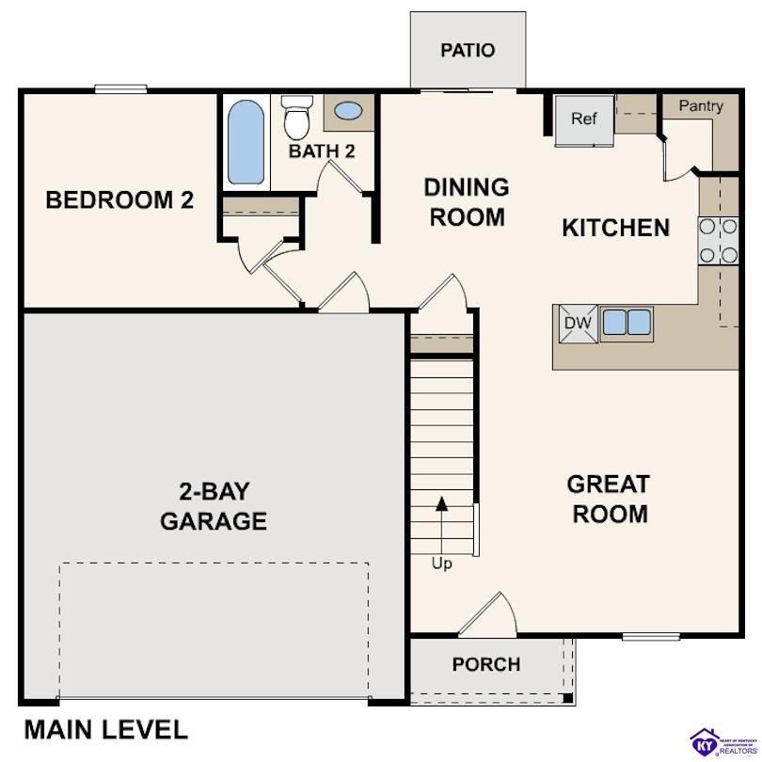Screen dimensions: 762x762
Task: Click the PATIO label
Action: coord(468,50)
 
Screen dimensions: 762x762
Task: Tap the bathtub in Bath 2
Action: coord(246,142)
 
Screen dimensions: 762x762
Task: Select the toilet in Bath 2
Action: coord(297,119)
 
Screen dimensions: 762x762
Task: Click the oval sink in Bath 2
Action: coord(348,112)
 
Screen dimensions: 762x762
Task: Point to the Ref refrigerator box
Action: coord(584,119)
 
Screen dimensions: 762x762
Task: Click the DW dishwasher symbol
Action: coord(578,324)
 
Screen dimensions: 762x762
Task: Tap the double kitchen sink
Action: coord(627,323)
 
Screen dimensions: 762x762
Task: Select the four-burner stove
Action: coord(718,240)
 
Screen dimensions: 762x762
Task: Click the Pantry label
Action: coord(701,105)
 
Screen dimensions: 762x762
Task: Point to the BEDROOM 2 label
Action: coord(119,199)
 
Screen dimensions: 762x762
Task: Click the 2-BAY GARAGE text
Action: coord(214,506)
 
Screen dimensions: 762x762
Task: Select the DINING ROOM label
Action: coord(468,201)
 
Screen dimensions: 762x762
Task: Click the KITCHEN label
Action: coord(615,228)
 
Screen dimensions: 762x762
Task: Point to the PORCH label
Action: coord(485,664)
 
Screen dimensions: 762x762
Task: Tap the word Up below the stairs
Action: coord(441,564)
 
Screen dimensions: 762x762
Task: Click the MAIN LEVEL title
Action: coord(105,729)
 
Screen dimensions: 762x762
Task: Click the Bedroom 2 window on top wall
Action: coord(120,89)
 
